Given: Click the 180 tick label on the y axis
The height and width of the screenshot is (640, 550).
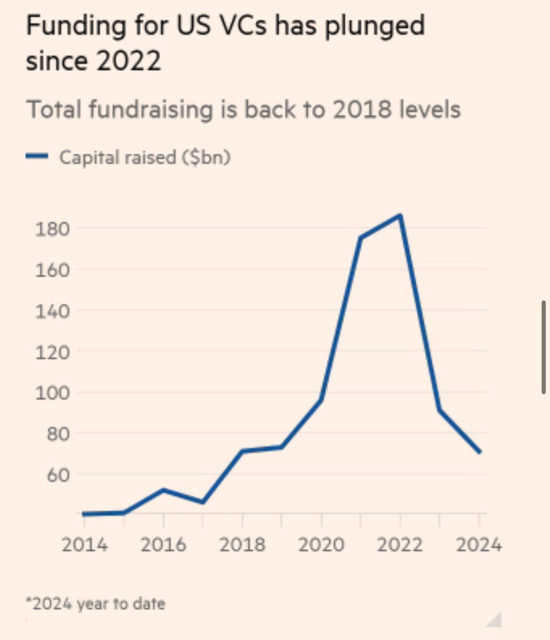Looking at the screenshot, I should click(52, 229).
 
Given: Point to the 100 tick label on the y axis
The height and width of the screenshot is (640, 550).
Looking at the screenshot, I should click(52, 393).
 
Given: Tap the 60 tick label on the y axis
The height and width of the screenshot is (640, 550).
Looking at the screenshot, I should click(58, 475).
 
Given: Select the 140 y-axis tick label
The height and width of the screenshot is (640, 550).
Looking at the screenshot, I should click(52, 311).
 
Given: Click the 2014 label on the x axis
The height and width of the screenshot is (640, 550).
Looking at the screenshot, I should click(84, 544).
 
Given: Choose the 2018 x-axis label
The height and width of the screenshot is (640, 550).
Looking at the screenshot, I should click(242, 544).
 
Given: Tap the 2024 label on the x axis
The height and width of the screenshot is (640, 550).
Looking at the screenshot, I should click(479, 544).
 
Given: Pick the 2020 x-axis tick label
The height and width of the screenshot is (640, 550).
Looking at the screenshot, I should click(321, 544).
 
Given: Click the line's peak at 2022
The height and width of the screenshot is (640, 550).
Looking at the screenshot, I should click(400, 216).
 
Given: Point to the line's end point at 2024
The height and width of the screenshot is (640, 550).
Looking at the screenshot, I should click(479, 452).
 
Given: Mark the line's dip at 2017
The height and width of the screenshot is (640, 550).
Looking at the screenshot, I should click(203, 502).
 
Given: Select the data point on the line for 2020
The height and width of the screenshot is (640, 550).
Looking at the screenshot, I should click(321, 400).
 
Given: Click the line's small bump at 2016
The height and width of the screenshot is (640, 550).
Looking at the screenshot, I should click(163, 490).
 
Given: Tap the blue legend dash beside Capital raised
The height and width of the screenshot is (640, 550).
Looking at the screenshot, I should click(37, 157).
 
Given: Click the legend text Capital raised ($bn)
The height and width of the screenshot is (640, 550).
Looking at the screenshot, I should click(145, 157).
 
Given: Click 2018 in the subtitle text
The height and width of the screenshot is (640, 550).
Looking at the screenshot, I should click(362, 110).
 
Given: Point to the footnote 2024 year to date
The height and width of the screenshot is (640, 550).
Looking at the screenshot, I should click(96, 604).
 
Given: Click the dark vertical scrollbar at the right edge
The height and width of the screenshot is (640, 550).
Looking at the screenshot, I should click(543, 348).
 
